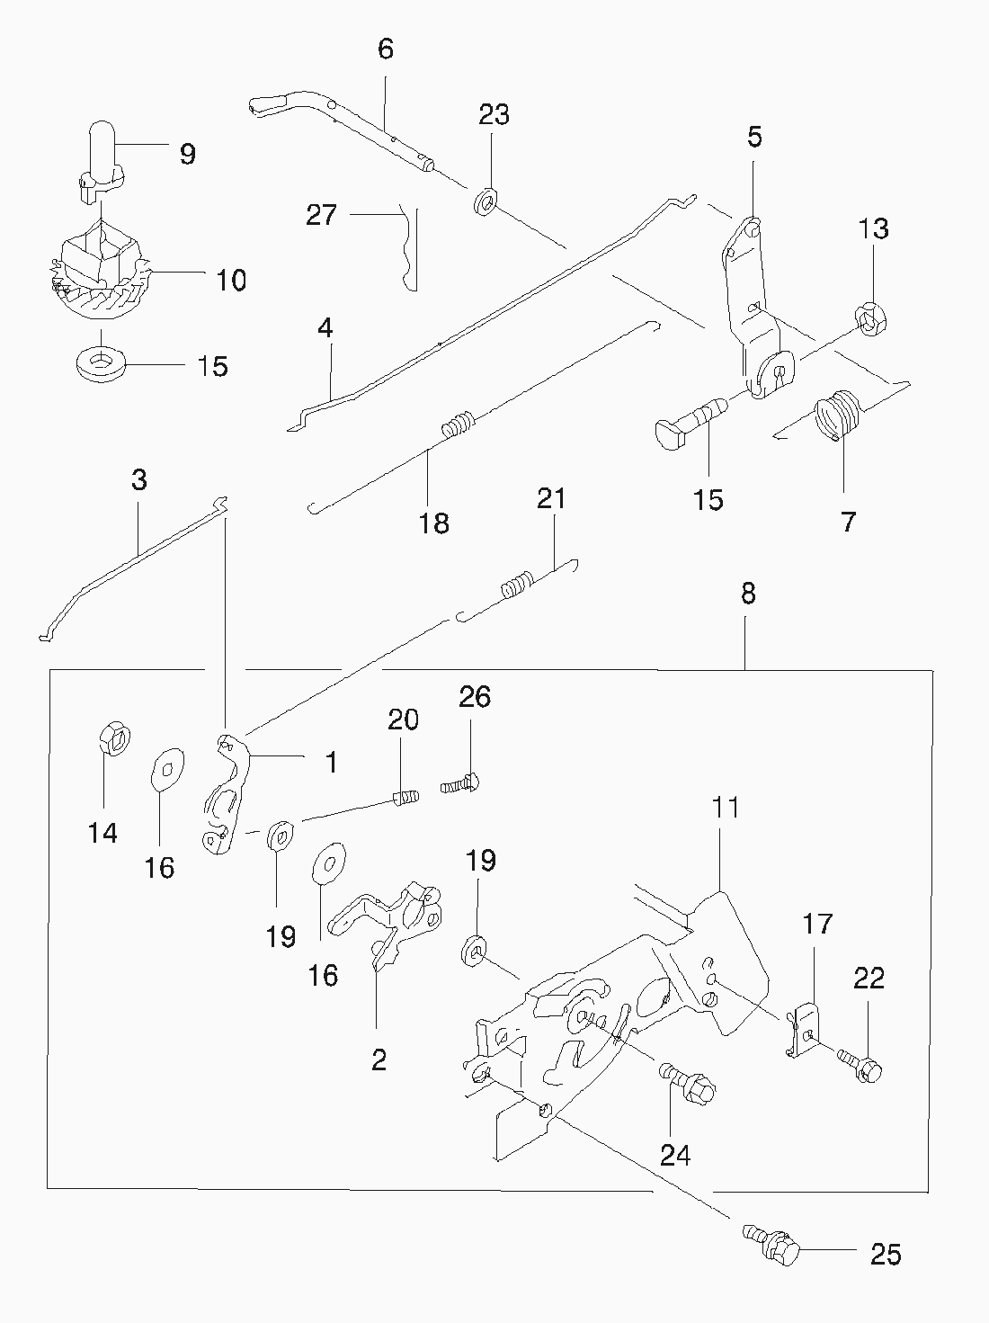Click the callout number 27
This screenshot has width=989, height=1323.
pos(321,215)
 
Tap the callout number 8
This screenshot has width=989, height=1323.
pos(748,594)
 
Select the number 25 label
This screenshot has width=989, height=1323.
pos(886,1254)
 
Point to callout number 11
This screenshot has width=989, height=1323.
pos(726,807)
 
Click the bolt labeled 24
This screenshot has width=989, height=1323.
pos(691,1085)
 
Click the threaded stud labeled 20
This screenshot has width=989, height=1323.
pos(405,797)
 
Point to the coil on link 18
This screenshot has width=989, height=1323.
pos(458,424)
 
